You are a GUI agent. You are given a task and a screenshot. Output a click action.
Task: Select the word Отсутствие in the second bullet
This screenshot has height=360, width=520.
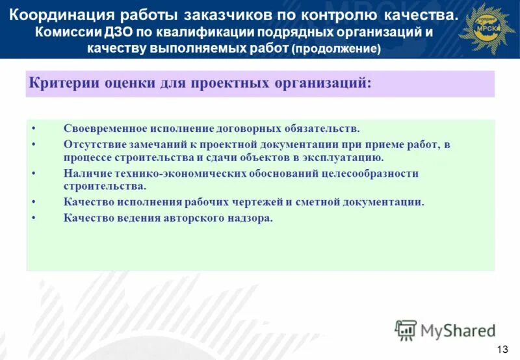click(93, 145)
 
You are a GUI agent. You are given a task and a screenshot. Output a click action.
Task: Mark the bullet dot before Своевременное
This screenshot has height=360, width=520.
click(33, 129)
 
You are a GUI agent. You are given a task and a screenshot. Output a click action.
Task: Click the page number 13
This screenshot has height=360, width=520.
click(502, 349)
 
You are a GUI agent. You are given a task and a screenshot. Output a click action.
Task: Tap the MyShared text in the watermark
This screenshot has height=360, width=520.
click(458, 330)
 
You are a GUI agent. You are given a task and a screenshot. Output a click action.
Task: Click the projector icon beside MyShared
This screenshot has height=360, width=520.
click(406, 330)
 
